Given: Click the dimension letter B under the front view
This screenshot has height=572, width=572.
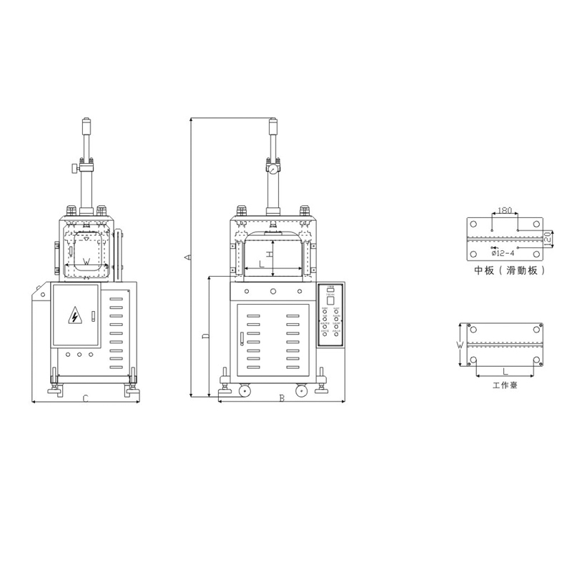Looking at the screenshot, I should click(x=282, y=398).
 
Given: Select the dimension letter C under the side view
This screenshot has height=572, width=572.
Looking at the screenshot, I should click(x=84, y=398).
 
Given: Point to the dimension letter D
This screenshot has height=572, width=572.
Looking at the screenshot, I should click(x=204, y=336).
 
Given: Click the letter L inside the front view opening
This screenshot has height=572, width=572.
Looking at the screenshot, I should click(x=261, y=265).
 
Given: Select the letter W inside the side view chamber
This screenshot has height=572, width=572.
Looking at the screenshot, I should click(x=86, y=262).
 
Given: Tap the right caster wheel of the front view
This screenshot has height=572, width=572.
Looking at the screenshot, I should click(x=303, y=391).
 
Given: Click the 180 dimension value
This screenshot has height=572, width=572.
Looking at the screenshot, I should click(x=504, y=211).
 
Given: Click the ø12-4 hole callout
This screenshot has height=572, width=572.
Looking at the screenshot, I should click(x=503, y=252).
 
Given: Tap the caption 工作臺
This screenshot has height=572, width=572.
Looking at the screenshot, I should click(x=505, y=385).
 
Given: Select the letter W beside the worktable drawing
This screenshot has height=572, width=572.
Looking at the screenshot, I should click(x=460, y=345).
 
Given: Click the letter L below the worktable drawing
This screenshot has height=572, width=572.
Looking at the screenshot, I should click(x=505, y=371).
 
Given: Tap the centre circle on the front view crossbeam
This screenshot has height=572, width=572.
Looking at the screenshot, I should click(x=272, y=292).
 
